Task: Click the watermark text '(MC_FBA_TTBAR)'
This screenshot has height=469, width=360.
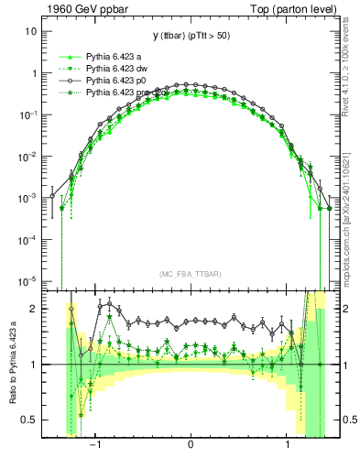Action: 191,274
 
